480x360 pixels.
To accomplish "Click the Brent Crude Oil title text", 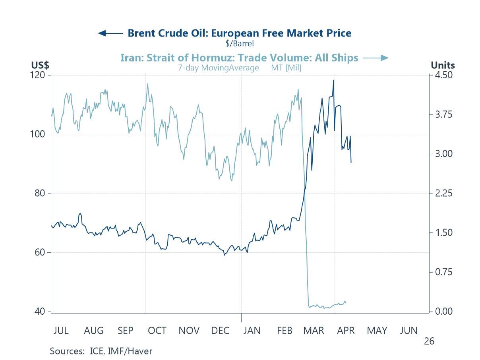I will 239,33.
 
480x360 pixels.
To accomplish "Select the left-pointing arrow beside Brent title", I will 110,33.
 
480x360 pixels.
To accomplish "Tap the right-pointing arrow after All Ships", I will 375,58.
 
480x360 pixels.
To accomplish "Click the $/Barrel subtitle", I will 239,43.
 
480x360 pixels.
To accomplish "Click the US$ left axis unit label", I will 40,65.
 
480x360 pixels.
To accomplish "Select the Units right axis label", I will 443,65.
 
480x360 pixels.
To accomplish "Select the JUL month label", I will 61,331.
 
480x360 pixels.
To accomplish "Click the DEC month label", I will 220,331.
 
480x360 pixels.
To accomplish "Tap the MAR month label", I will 314,331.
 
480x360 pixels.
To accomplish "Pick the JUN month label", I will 408,331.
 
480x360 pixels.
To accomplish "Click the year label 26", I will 429,341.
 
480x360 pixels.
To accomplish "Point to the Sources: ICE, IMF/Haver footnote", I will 101,351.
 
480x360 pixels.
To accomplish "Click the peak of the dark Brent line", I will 333,80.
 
